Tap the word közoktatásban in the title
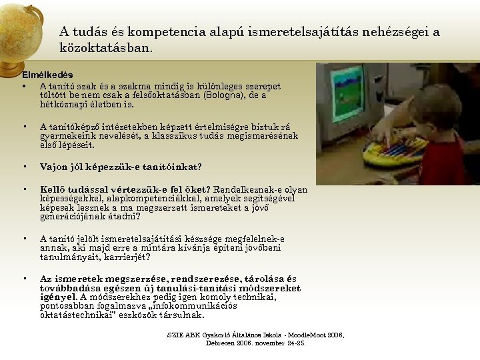coord(105,48)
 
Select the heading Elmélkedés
coord(47,75)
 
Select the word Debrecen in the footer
coord(220,343)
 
